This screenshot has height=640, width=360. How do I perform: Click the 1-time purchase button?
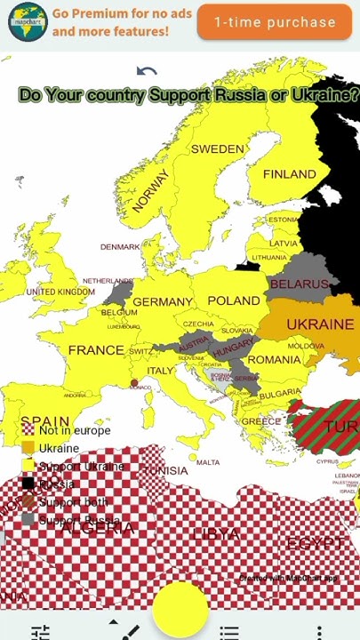275,22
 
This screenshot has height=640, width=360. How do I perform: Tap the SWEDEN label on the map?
217,148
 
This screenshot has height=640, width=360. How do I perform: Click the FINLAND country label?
289,174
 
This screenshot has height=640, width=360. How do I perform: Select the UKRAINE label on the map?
319,324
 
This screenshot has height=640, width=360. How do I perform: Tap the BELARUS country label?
299,284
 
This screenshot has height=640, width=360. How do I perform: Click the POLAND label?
234,300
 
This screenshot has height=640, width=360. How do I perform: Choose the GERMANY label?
163,302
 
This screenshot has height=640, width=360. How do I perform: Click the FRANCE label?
96,349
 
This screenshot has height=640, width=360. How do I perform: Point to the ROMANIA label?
274,359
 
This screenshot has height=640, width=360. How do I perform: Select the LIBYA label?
216,534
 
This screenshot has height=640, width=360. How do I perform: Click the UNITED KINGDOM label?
60,292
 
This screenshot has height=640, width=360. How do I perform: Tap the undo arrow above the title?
147,72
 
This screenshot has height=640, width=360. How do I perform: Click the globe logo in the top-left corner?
27,21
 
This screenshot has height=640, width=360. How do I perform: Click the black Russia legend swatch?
28,484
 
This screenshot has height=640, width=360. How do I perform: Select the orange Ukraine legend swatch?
28,448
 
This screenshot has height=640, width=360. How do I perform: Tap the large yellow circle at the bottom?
180,608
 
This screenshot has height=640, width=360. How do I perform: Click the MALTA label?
207,462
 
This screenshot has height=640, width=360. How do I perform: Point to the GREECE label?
261,421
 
